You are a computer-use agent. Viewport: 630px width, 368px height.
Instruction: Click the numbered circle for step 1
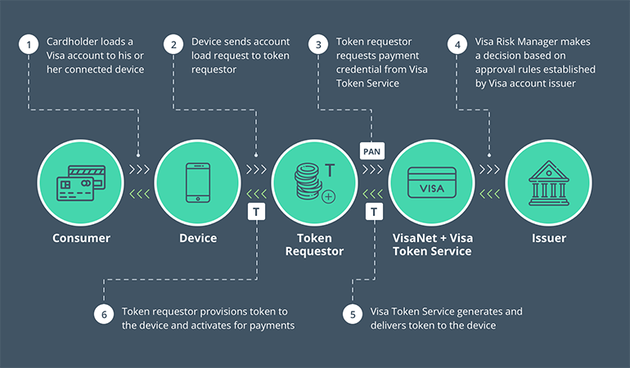30,46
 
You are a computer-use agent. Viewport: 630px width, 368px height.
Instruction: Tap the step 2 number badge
173,46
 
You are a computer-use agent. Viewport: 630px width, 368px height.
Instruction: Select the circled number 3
319,46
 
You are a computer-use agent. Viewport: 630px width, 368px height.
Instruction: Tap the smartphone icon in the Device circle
197,182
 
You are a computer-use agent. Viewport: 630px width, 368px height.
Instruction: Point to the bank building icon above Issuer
547,183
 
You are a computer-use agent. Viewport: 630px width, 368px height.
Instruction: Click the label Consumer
81,238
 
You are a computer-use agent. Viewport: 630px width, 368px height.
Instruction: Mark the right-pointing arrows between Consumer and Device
139,170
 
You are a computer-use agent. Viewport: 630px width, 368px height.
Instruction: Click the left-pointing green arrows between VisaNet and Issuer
489,194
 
